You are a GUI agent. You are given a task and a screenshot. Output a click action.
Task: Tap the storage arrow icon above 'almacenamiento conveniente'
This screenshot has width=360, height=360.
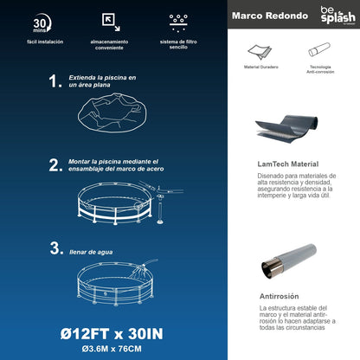pos(111,21)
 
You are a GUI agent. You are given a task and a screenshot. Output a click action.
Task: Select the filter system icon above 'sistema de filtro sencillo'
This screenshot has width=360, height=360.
pos(180,20)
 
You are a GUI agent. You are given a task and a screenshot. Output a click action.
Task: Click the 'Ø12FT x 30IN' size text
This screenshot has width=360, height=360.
pos(111,332)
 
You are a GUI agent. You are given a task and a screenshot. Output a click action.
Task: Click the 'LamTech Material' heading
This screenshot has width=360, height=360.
pos(288,164)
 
